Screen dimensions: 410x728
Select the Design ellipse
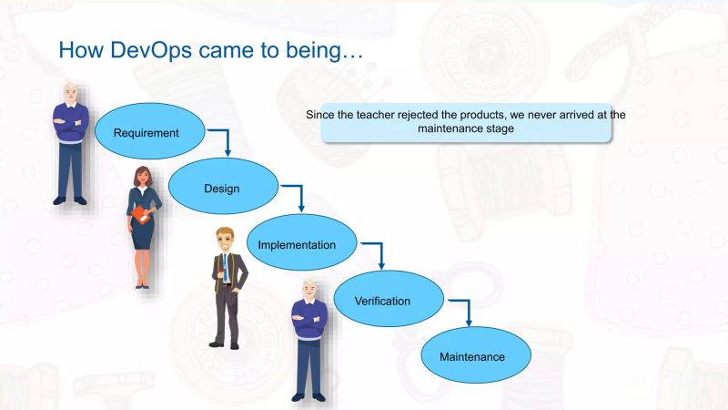[221, 189]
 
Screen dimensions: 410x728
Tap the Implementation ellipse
[297, 244]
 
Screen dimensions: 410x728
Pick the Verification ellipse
[382, 300]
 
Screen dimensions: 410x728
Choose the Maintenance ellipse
[471, 356]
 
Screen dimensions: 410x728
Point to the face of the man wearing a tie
[224, 241]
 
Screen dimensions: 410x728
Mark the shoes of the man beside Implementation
[225, 343]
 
